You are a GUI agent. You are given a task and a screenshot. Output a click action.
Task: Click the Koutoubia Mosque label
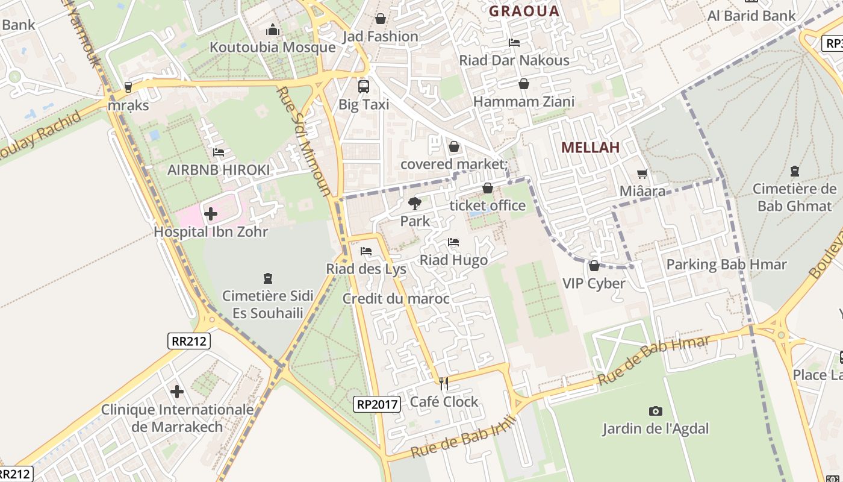point(272,47)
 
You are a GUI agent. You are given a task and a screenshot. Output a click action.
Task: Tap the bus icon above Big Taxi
point(364,86)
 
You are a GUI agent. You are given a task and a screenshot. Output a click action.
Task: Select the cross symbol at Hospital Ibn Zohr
point(211,213)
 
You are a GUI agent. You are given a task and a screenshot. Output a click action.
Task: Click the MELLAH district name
point(590,148)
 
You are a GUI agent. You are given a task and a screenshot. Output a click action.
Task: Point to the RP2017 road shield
point(377,404)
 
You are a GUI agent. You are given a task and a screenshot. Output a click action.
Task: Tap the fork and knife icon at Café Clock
point(444,383)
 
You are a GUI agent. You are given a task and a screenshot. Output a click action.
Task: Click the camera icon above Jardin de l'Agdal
point(656,411)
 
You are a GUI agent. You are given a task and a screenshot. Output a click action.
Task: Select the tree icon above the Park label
point(415,204)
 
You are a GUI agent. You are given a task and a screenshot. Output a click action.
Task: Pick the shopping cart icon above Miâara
point(642,174)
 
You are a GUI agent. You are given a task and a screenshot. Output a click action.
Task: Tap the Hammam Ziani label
point(524,102)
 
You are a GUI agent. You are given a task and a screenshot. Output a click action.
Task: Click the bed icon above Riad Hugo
point(453,242)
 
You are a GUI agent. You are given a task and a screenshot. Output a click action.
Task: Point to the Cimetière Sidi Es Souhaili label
point(268,304)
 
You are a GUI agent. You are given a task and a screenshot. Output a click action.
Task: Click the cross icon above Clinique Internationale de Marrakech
point(177,392)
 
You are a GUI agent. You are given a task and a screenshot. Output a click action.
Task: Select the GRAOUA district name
point(524,11)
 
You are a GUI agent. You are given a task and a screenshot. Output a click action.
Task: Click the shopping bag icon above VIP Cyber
point(594,266)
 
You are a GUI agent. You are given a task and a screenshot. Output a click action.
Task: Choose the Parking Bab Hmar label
point(726,264)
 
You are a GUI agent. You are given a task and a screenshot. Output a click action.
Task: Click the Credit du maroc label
point(396,298)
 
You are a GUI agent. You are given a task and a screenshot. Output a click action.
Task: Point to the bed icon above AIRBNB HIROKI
point(219,152)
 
